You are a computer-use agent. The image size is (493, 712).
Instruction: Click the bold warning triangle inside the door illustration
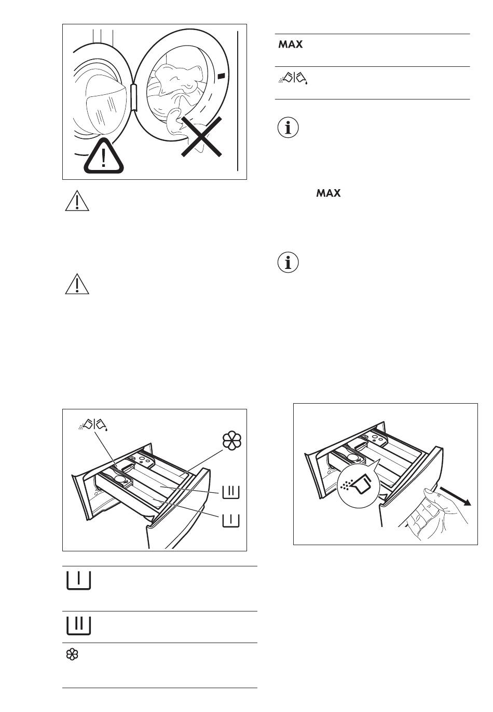click(x=103, y=156)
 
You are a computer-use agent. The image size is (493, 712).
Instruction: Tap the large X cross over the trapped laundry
click(x=201, y=136)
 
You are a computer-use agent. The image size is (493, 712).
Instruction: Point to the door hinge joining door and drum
click(x=134, y=97)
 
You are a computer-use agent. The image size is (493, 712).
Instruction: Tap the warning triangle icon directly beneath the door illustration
click(x=77, y=201)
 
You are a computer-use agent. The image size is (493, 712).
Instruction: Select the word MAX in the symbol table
click(x=290, y=44)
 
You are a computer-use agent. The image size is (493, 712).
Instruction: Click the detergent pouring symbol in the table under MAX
click(x=293, y=78)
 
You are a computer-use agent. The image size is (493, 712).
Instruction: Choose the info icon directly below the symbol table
click(x=288, y=128)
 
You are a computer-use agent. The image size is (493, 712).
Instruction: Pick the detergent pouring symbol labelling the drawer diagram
click(x=93, y=424)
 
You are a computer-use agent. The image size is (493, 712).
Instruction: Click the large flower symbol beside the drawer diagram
click(x=232, y=440)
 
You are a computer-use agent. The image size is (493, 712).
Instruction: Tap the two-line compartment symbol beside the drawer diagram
click(x=231, y=492)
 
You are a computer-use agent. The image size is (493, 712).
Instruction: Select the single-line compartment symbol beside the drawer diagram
click(x=231, y=521)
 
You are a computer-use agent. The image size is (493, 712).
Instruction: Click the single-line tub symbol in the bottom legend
click(x=78, y=581)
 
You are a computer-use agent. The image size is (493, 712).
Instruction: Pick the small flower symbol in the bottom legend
click(x=72, y=654)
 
